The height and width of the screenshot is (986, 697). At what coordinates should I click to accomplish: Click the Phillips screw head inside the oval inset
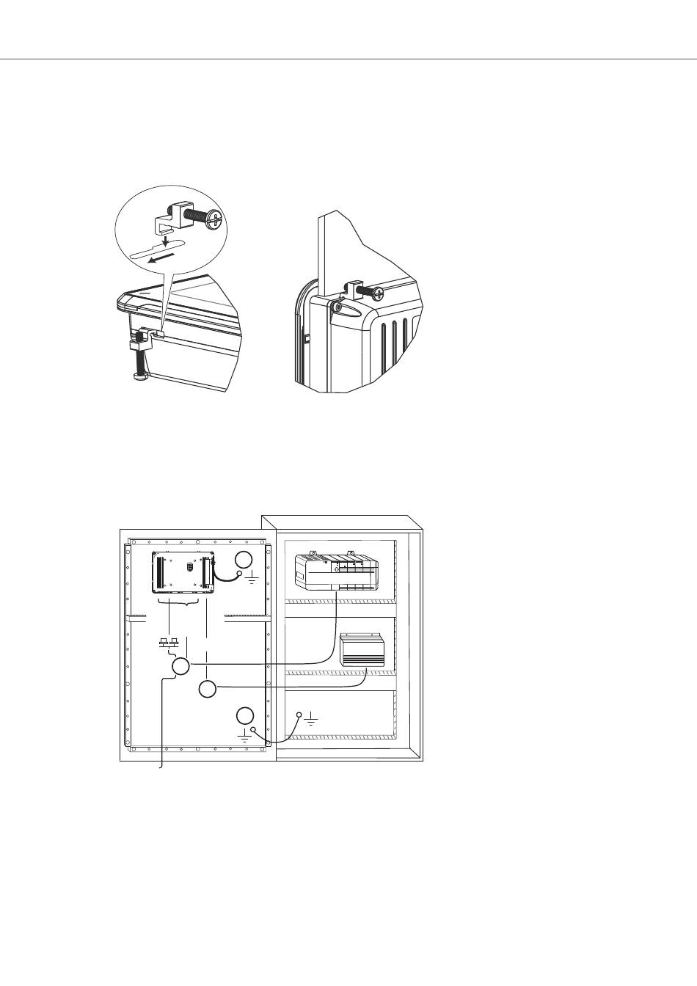tap(214, 218)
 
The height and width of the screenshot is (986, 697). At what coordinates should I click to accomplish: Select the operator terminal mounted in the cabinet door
tap(183, 571)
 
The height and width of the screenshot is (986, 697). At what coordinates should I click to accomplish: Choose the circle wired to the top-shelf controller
tap(181, 666)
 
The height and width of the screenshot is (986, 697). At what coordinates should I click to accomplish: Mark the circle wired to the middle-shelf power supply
tap(208, 689)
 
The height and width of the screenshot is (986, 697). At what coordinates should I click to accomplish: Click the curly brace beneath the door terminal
tap(179, 604)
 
